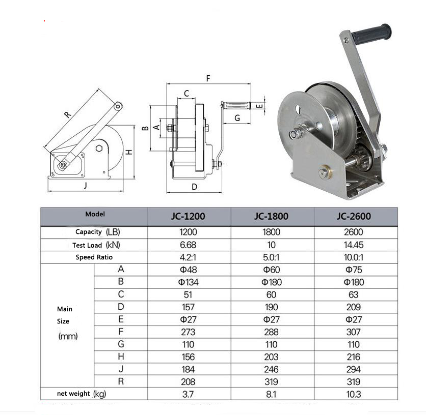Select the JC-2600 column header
tap(353, 216)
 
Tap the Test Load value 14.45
tap(353, 244)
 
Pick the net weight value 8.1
tap(271, 394)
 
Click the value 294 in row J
tap(353, 369)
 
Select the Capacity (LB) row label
tap(94, 232)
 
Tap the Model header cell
tap(94, 215)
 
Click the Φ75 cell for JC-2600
tap(353, 270)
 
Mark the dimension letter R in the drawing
tap(68, 114)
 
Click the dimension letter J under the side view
tap(85, 186)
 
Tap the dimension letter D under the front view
tap(194, 187)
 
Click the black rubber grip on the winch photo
tap(371, 34)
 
